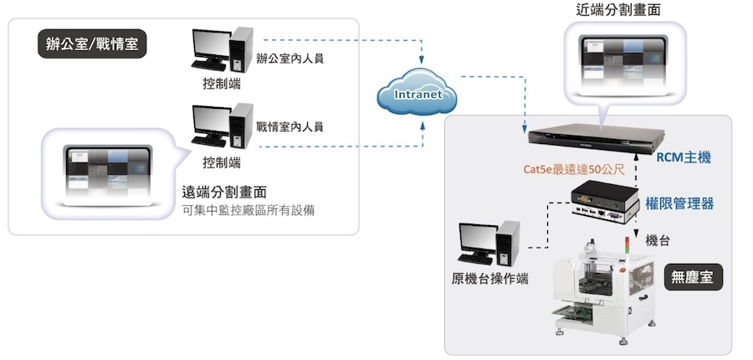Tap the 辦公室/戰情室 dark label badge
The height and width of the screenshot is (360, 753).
point(92,44)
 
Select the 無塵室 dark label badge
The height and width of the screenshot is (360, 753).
point(693,277)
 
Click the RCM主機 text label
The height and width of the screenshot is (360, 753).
point(684,157)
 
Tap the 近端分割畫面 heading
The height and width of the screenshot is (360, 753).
point(618,9)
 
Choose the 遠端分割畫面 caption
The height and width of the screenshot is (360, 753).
point(223,193)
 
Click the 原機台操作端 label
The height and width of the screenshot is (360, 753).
point(489,279)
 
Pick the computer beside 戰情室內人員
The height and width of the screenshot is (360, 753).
point(222,126)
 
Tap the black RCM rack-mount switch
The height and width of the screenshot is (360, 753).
point(596,135)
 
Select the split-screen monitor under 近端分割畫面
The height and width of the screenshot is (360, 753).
point(624,60)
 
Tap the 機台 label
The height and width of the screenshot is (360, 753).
point(658,241)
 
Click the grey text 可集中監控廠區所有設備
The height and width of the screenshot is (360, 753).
point(248,210)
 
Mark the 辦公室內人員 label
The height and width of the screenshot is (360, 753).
point(289,59)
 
